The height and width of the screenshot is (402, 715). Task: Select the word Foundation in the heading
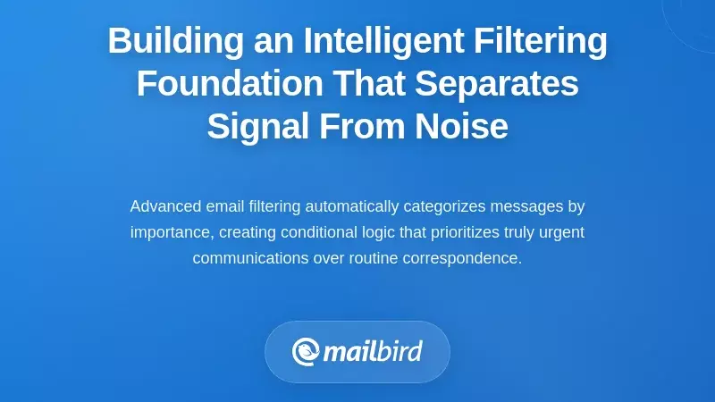coord(230,84)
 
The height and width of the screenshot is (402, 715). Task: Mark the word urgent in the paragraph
coord(559,232)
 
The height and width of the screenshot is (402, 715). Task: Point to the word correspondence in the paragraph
coord(459,258)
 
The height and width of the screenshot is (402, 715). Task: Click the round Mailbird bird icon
coord(306,351)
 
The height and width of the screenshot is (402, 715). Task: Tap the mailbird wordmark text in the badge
coord(372,351)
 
